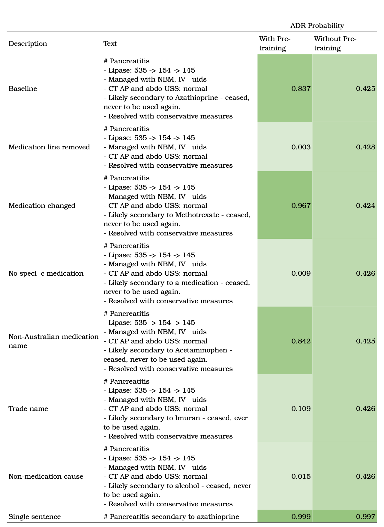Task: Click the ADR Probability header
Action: (317, 26)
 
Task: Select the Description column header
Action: (28, 44)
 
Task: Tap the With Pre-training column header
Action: (274, 43)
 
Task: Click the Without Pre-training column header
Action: (335, 43)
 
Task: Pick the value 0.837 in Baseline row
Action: (301, 89)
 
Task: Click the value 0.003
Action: (301, 147)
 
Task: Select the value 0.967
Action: (301, 206)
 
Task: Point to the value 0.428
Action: (365, 147)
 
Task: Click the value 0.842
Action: (301, 341)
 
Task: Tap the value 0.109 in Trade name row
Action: (301, 409)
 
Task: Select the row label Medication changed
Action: (42, 206)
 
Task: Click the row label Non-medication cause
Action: (46, 477)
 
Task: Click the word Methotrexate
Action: (197, 215)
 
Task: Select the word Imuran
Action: (187, 418)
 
